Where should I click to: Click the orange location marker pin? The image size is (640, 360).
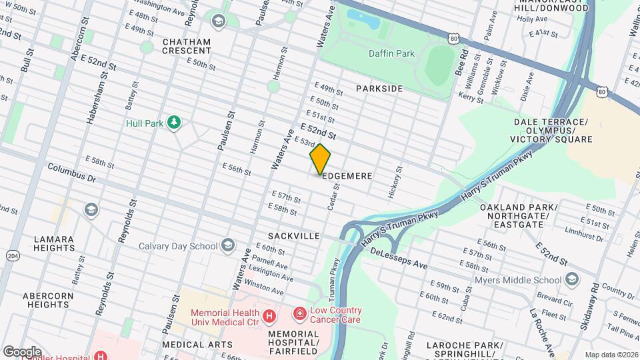320,159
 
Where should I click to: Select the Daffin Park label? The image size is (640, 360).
391,53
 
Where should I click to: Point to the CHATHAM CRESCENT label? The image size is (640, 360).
187,46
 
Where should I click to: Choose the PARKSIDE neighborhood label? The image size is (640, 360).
379,89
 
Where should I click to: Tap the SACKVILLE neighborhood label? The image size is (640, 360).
294,236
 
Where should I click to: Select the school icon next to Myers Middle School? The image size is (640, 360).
571,279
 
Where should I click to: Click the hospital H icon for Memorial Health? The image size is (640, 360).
269,315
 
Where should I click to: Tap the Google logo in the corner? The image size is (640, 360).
21,351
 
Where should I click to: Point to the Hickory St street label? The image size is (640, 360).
394,182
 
